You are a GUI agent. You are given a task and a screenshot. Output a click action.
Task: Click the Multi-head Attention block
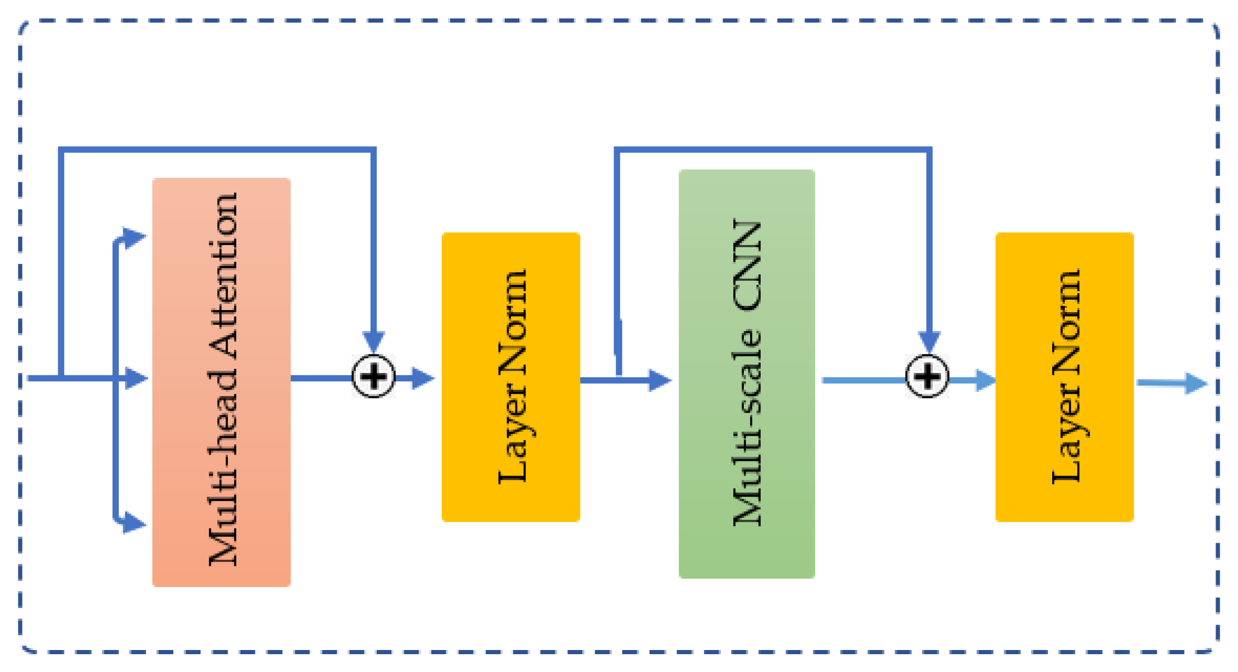point(221,382)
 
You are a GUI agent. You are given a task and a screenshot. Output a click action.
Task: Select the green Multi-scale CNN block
point(746,373)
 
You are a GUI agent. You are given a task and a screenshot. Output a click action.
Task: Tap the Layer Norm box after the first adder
point(511,377)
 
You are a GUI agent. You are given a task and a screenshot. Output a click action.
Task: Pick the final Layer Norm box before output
point(1064,377)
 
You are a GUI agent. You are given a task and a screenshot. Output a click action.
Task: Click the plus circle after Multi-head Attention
point(373,377)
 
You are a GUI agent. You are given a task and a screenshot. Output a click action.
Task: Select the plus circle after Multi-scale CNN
point(927,377)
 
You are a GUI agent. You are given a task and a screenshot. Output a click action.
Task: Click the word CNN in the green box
point(748,265)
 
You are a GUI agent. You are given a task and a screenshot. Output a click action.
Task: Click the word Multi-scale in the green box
point(748,427)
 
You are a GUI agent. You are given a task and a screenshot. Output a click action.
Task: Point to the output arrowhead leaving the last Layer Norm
point(1196,384)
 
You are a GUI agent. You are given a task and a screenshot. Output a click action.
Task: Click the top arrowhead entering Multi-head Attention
point(133,238)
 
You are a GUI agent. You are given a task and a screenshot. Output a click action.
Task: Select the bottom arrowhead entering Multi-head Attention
point(133,523)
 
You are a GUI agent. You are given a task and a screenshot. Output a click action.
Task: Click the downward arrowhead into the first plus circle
point(374,341)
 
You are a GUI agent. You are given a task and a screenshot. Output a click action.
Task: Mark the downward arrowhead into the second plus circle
point(929,341)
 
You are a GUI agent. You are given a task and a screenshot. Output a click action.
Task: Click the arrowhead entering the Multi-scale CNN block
point(660,380)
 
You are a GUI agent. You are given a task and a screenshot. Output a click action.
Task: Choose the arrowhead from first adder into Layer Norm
point(422,378)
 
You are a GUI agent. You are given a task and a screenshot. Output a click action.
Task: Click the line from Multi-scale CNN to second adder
point(864,380)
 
